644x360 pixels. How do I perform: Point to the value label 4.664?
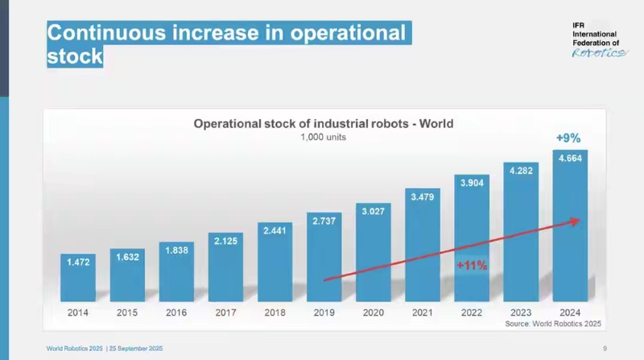569,159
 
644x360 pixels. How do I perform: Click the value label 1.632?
127,258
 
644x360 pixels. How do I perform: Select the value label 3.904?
471,183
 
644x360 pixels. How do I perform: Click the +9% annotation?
568,138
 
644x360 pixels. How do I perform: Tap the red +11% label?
472,266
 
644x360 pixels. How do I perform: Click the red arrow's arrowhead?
574,220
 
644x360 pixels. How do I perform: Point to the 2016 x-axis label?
176,311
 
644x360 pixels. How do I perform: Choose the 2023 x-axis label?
520,311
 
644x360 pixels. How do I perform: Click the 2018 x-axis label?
275,311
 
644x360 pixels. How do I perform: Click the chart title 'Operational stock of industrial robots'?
323,124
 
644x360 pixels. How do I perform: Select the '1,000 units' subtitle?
323,138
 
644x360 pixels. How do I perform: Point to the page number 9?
605,348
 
